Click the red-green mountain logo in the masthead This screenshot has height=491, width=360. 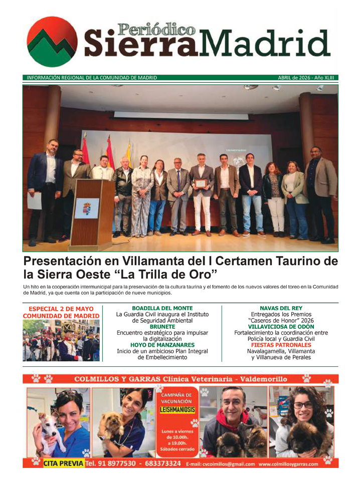coord(52,42)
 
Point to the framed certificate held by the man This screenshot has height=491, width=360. coord(201,183)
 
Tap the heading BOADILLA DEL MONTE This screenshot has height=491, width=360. coord(162,308)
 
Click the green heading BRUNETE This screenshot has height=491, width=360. coord(162,327)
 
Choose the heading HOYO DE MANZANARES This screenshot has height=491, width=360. coord(162,345)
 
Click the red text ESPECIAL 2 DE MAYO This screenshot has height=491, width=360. coord(61,309)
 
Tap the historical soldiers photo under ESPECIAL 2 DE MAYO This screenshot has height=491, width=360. coord(61,341)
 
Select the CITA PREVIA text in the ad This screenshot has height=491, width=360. coord(63,464)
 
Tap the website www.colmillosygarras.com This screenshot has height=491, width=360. coord(288,464)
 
